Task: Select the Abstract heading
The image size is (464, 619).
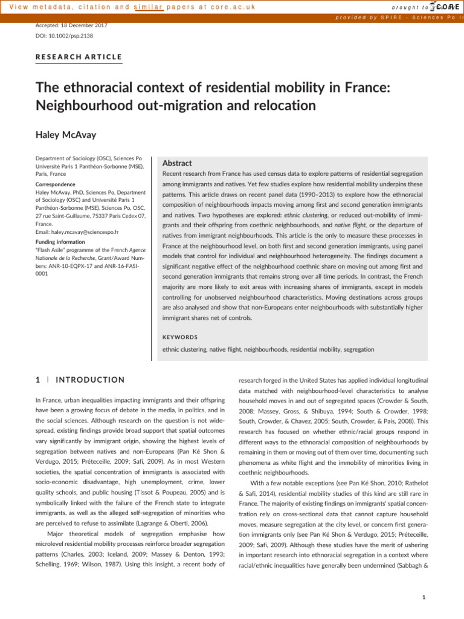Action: pos(178,163)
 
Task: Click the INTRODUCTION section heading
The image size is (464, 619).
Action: pos(90,380)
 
